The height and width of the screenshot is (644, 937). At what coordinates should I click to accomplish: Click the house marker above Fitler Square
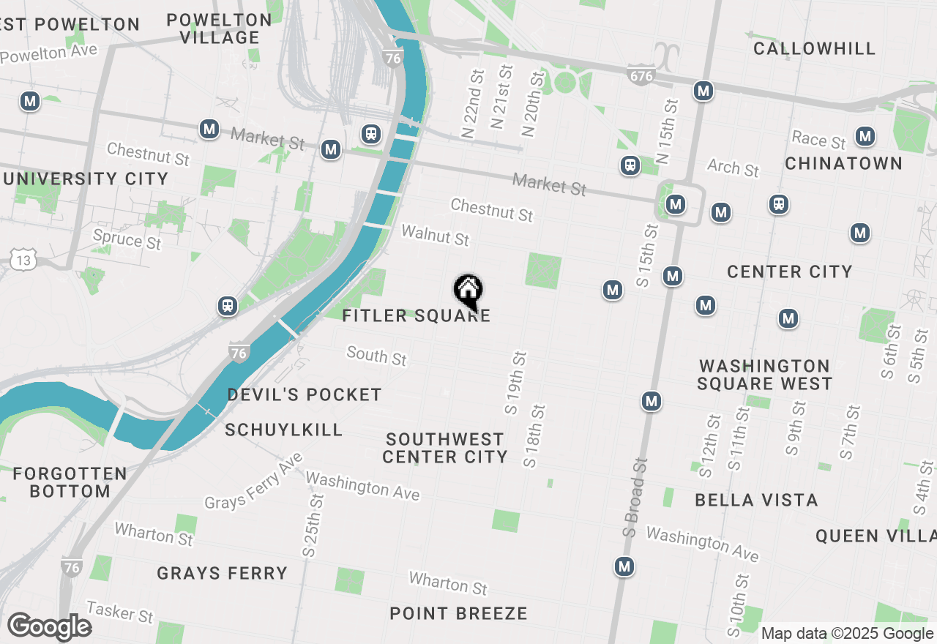(x=468, y=291)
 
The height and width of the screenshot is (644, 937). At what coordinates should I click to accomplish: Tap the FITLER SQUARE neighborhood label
(x=416, y=316)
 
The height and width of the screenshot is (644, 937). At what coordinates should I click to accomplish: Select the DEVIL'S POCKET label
(x=305, y=395)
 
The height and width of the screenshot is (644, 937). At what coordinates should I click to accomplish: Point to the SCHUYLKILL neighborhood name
(x=284, y=430)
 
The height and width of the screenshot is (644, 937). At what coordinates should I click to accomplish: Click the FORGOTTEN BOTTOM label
(x=70, y=482)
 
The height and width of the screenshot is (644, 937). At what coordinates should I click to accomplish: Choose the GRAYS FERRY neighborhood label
(x=222, y=573)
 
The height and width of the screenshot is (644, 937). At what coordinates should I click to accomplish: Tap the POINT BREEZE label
(x=458, y=613)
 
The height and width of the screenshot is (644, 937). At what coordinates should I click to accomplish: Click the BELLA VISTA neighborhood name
(x=756, y=501)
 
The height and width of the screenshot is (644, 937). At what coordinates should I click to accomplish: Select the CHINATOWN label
(x=843, y=163)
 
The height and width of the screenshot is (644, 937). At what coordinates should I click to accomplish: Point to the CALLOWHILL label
(x=814, y=49)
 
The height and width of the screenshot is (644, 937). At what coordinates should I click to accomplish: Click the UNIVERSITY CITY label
(x=85, y=179)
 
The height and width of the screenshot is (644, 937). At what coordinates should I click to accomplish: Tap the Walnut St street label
(x=435, y=235)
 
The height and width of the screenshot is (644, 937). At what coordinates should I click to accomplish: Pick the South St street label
(x=376, y=356)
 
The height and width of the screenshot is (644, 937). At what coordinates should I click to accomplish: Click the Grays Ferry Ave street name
(x=253, y=482)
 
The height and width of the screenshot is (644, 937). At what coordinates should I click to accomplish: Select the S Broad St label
(x=635, y=498)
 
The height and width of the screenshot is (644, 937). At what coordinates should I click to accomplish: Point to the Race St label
(x=818, y=140)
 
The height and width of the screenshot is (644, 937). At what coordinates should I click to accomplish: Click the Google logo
(x=49, y=627)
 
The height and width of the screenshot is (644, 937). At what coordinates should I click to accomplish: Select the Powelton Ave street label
(x=49, y=55)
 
